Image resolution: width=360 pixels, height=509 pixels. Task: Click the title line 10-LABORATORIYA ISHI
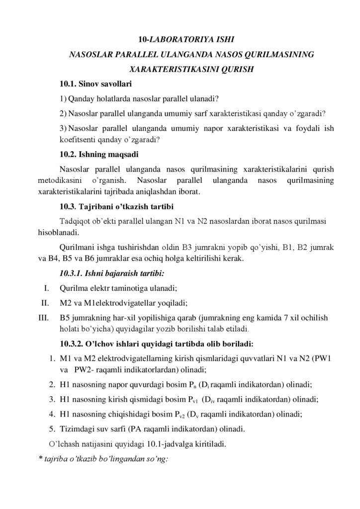pos(180,38)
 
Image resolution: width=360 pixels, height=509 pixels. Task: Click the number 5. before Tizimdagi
pos(52,429)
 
